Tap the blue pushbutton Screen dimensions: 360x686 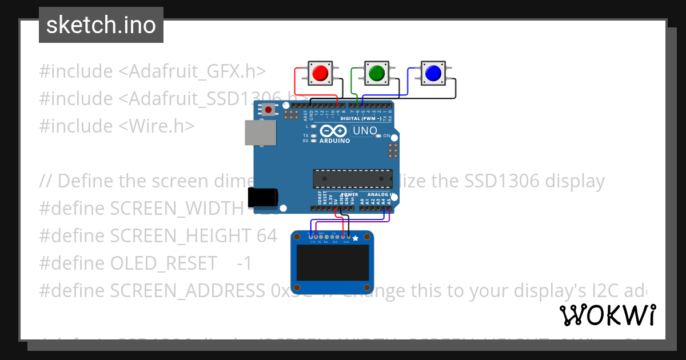point(433,73)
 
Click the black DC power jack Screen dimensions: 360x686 point(262,197)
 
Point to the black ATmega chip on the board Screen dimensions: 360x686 point(352,178)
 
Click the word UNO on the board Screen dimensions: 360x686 point(365,131)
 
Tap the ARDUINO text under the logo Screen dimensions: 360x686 point(335,141)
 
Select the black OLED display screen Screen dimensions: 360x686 point(332,263)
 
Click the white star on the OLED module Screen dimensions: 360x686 point(356,238)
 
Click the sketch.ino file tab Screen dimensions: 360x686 point(101,25)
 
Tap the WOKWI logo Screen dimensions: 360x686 point(608,315)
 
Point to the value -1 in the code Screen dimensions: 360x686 point(244,263)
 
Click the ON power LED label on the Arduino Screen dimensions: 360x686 point(386,136)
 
